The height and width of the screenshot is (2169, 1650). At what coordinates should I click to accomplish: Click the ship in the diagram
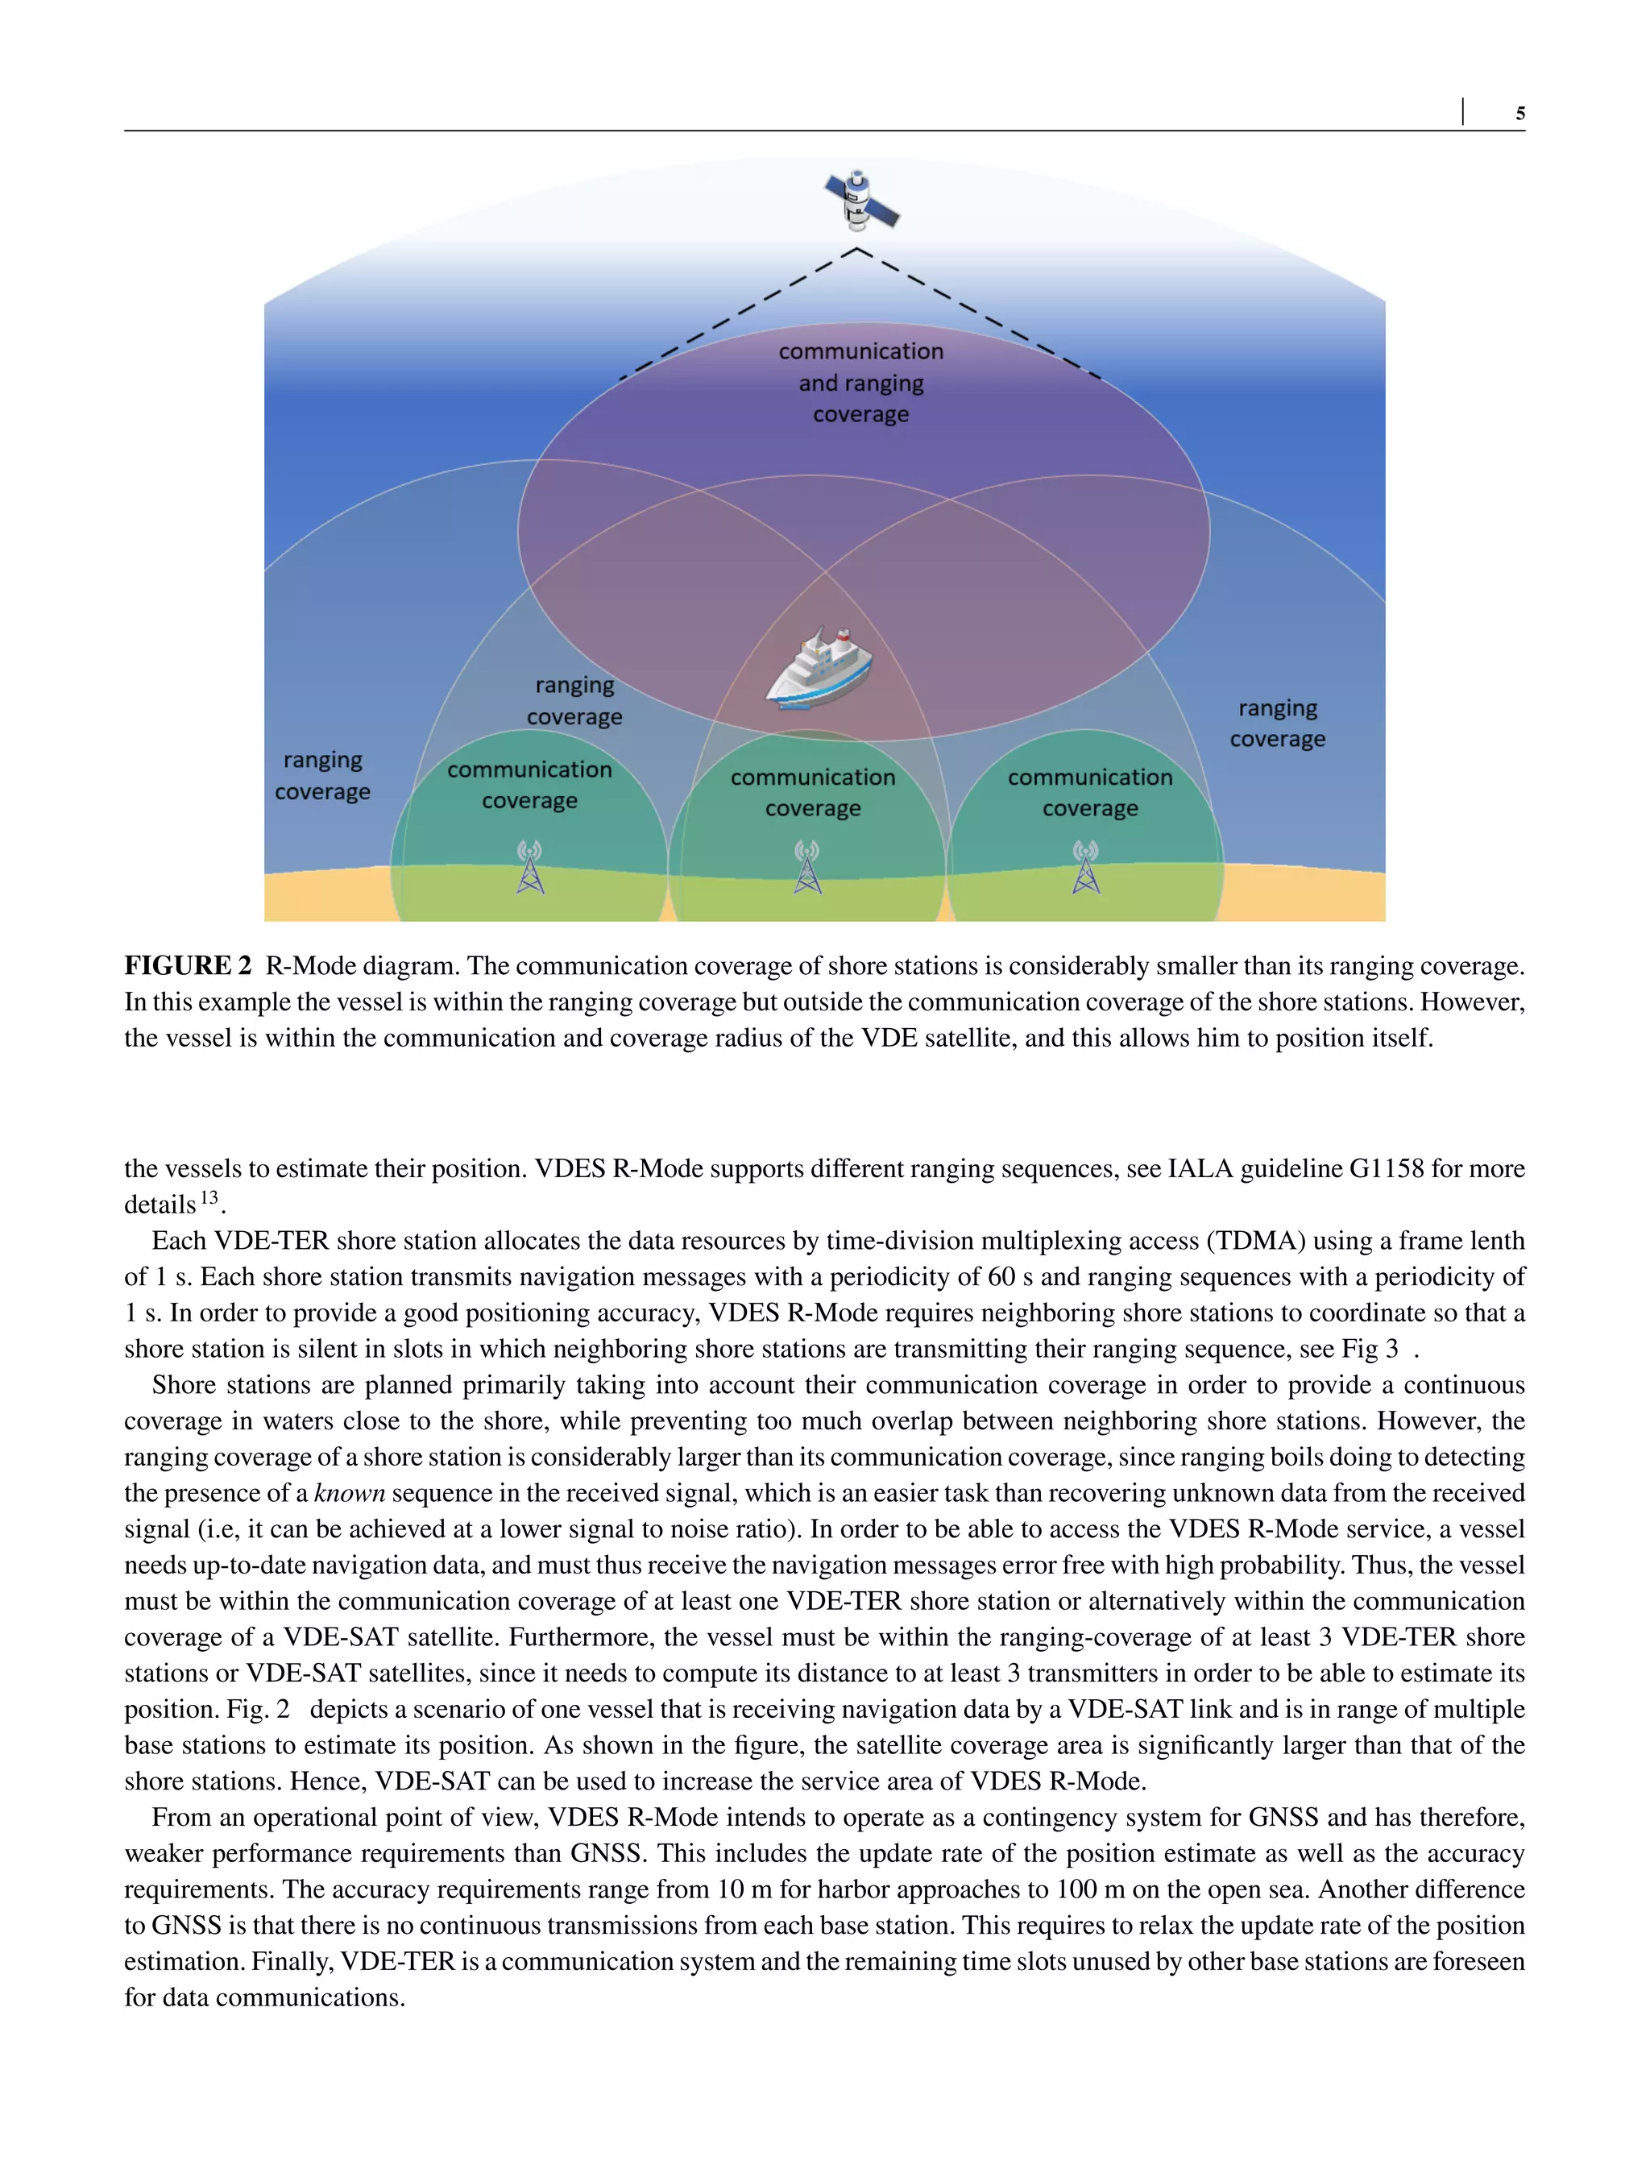point(818,667)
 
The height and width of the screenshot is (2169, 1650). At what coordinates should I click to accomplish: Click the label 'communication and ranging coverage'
point(860,382)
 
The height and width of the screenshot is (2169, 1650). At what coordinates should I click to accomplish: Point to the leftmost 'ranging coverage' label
point(322,775)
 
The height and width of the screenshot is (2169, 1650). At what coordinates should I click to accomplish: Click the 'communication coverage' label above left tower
point(529,785)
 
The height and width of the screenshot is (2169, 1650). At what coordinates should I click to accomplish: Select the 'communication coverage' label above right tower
point(1090,793)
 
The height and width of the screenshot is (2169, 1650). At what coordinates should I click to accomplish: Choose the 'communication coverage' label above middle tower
point(812,793)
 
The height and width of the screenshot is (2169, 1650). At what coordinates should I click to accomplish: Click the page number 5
point(1519,114)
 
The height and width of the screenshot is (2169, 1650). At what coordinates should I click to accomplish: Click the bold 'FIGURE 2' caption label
point(188,965)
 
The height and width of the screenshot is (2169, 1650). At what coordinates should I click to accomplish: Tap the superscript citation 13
point(209,1198)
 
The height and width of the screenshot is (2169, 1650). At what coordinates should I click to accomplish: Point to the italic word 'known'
point(349,1493)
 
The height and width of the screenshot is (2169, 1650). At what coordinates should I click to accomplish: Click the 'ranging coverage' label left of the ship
point(574,700)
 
